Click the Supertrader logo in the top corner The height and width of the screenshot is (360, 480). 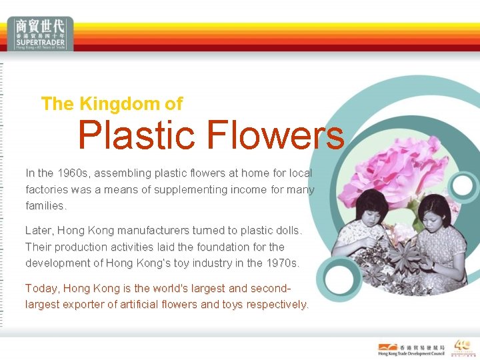[41, 33]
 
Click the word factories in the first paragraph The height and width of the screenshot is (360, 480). [47, 189]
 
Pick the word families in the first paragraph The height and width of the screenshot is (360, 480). [46, 205]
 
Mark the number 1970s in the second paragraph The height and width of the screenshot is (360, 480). [282, 263]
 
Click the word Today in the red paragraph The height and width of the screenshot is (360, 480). [40, 289]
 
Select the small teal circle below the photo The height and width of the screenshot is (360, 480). [337, 276]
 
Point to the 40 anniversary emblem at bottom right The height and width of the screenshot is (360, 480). [462, 347]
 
